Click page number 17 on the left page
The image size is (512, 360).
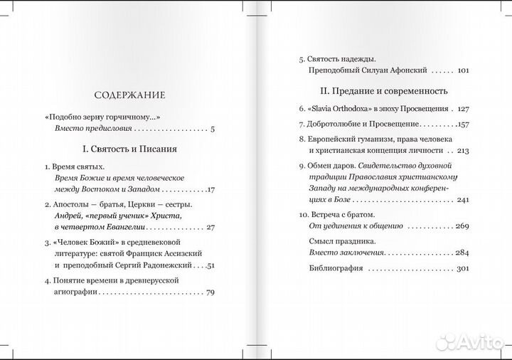210,189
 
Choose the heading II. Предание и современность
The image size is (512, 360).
385,91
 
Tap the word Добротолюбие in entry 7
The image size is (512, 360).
336,125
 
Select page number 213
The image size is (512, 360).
464,151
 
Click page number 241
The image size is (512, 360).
464,200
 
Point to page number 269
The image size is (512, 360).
464,226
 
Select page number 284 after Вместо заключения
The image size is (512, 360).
464,253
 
